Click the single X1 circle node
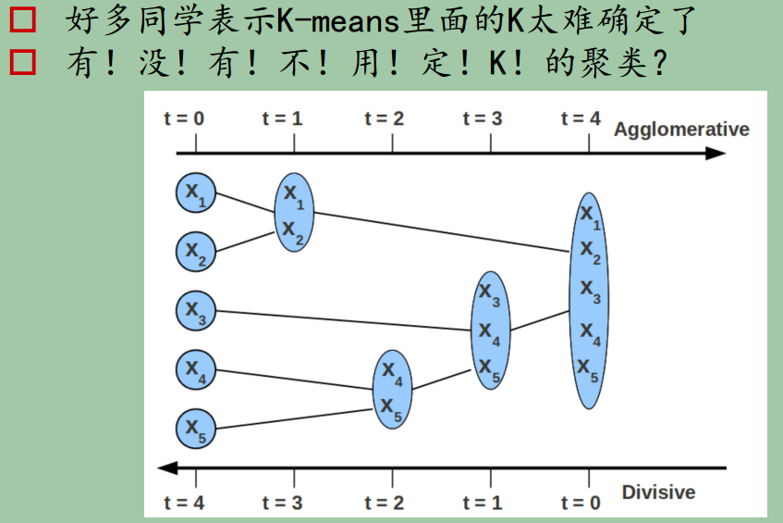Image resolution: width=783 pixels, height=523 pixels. click(196, 192)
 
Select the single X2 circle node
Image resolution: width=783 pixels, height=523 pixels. click(196, 250)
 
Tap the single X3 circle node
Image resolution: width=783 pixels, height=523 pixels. click(196, 309)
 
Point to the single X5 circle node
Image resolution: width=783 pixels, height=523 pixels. click(196, 427)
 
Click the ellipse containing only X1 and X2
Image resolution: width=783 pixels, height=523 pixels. click(294, 212)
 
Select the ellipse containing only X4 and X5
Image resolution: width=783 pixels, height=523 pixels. click(392, 390)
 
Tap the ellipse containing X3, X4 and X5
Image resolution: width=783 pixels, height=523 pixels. click(490, 330)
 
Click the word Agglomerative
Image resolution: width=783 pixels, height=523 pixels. click(680, 130)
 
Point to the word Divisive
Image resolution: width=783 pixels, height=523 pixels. click(658, 492)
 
